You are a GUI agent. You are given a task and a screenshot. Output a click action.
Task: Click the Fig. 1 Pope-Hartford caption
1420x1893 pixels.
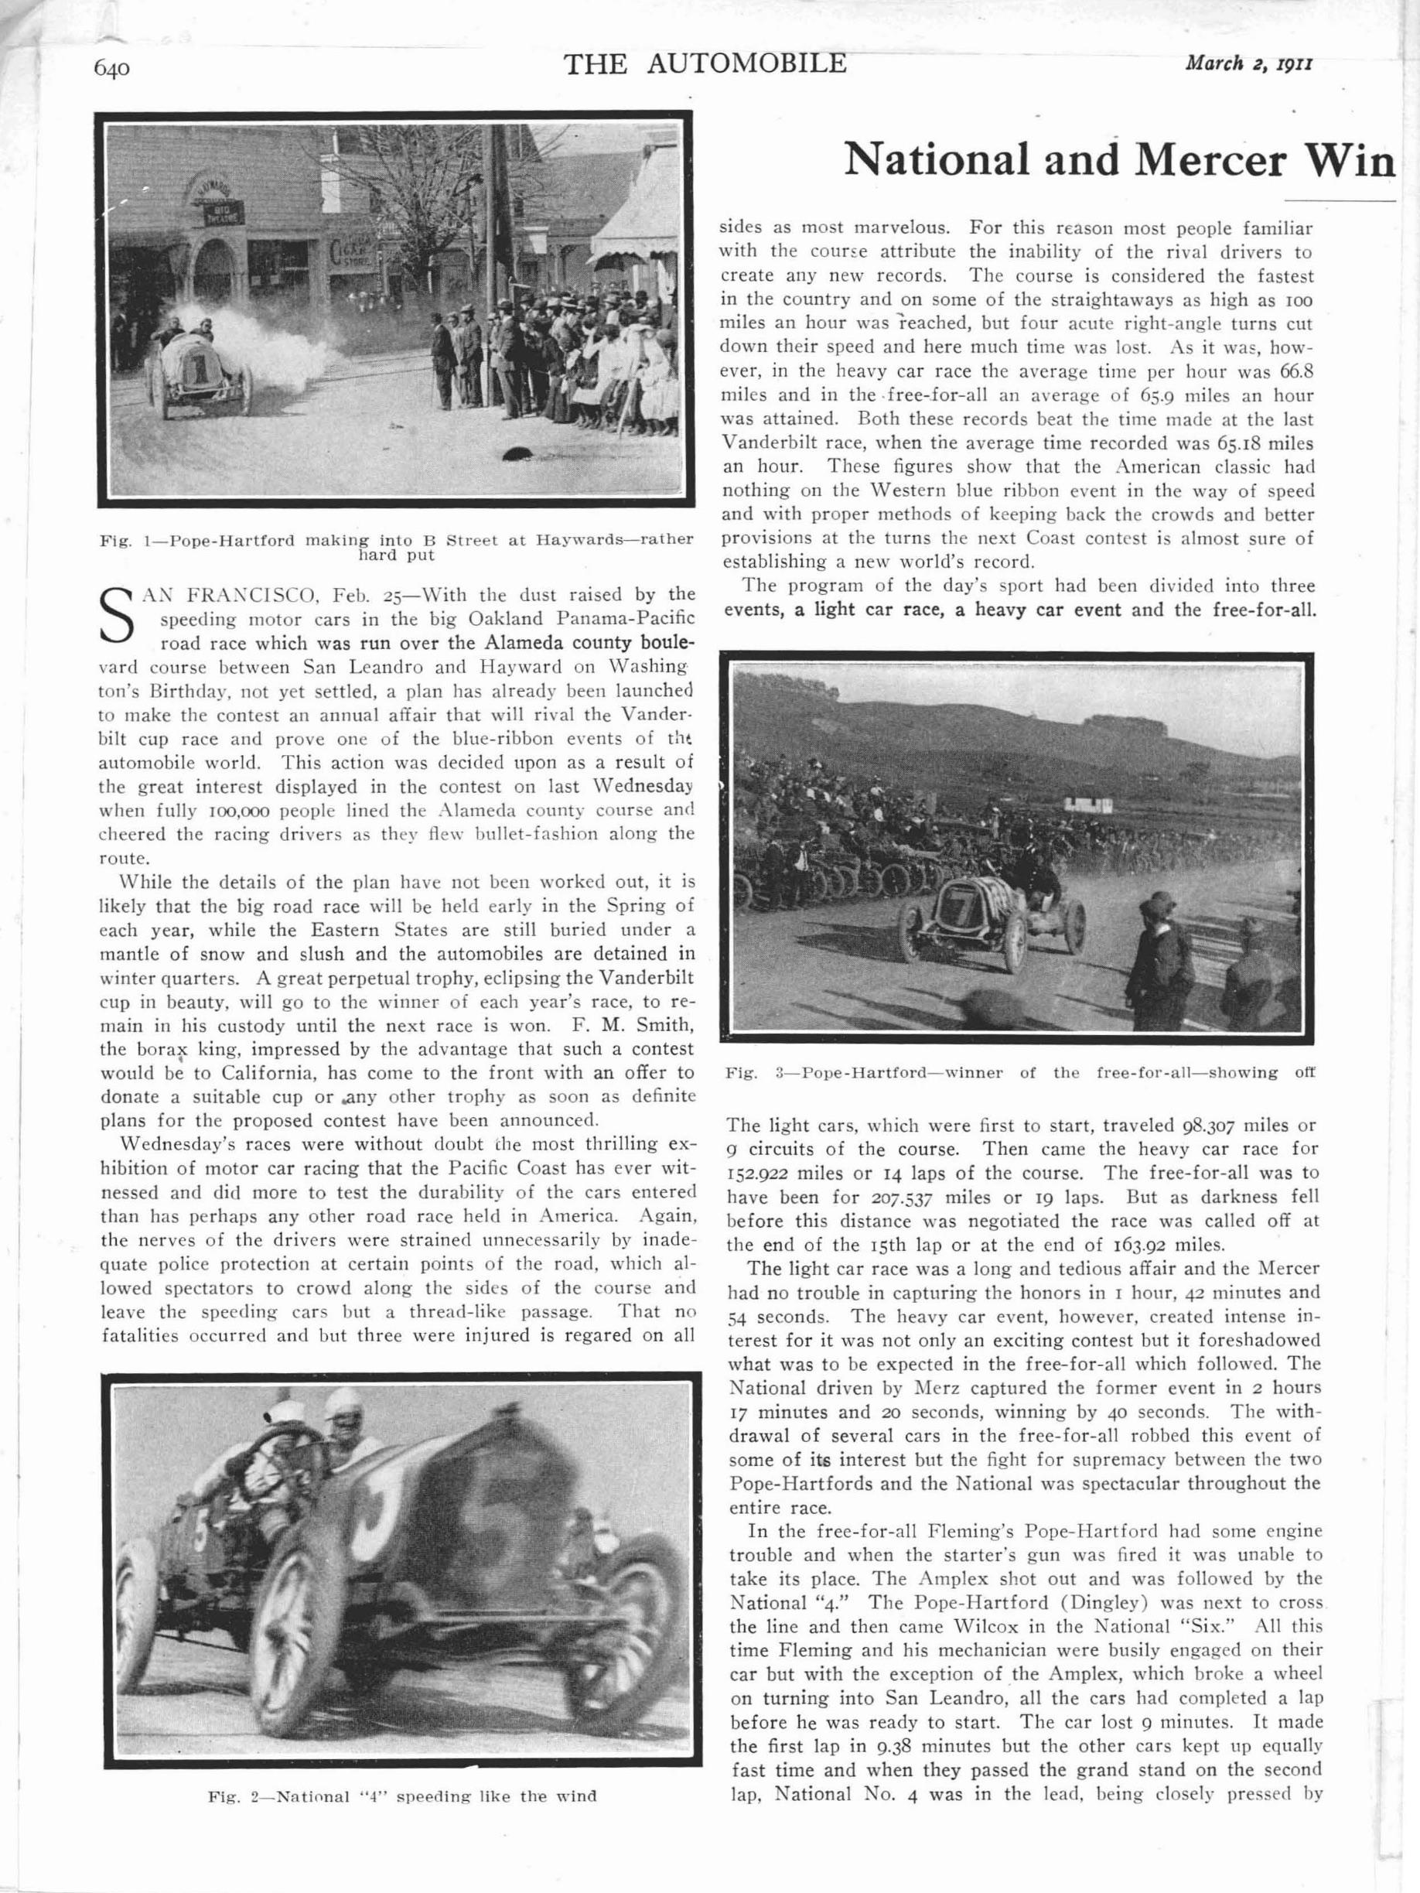click(x=394, y=547)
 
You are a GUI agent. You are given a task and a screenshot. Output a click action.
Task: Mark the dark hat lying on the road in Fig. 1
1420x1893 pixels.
click(x=515, y=454)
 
